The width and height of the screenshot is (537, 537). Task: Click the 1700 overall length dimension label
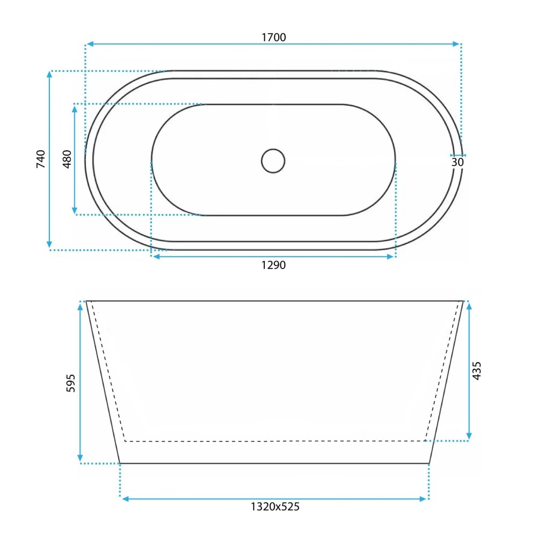(x=274, y=37)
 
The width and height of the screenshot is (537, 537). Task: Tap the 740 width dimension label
(x=41, y=159)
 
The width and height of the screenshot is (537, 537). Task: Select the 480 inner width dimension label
(x=67, y=159)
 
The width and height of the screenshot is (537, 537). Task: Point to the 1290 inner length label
(x=273, y=265)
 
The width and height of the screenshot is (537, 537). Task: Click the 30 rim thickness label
(x=458, y=162)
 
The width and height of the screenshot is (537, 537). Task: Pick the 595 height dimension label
(x=70, y=383)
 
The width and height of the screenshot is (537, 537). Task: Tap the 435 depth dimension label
(x=477, y=371)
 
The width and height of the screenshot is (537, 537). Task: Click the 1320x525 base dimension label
(x=275, y=506)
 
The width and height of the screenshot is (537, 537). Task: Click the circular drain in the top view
(x=273, y=161)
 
